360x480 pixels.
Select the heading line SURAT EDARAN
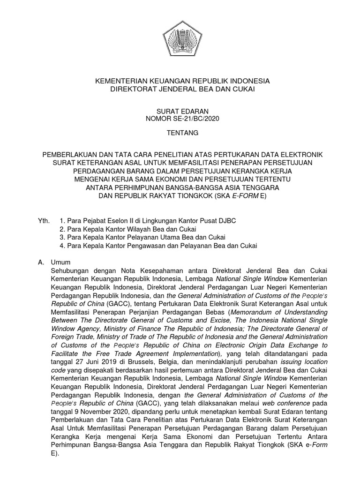[x=182, y=111]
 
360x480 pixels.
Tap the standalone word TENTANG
[x=182, y=134]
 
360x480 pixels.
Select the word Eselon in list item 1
[x=118, y=220]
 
